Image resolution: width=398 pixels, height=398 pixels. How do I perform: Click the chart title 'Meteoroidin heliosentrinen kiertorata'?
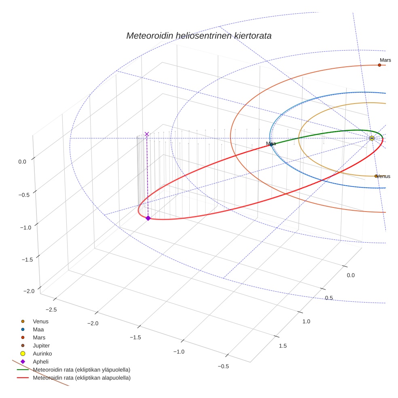coord(199,36)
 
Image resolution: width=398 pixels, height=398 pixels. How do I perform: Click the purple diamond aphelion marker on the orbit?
coord(148,218)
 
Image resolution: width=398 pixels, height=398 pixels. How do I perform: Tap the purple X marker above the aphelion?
coord(147,134)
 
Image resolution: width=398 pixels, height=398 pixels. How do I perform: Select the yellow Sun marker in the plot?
coord(372,138)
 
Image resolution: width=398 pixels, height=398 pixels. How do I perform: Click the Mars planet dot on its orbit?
coord(379,65)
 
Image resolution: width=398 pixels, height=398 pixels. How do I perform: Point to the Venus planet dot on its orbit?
coord(376,176)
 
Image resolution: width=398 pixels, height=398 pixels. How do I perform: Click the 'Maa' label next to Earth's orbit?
coord(271,144)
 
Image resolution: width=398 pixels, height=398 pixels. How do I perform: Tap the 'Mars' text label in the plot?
coord(385,60)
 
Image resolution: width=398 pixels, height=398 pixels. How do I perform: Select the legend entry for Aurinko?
coord(42,354)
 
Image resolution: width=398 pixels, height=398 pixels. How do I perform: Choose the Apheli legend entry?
coord(40,362)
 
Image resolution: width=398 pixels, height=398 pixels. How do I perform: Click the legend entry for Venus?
coord(40,322)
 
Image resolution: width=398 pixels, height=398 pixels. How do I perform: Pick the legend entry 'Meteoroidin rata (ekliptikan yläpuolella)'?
coord(81,370)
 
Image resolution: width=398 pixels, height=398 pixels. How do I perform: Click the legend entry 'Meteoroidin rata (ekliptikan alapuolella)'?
coord(81,378)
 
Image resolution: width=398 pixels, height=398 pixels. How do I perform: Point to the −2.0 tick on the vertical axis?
coord(29,291)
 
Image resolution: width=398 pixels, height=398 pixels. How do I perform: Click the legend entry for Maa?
coord(38,330)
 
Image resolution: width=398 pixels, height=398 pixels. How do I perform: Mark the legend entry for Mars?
coord(39,337)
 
